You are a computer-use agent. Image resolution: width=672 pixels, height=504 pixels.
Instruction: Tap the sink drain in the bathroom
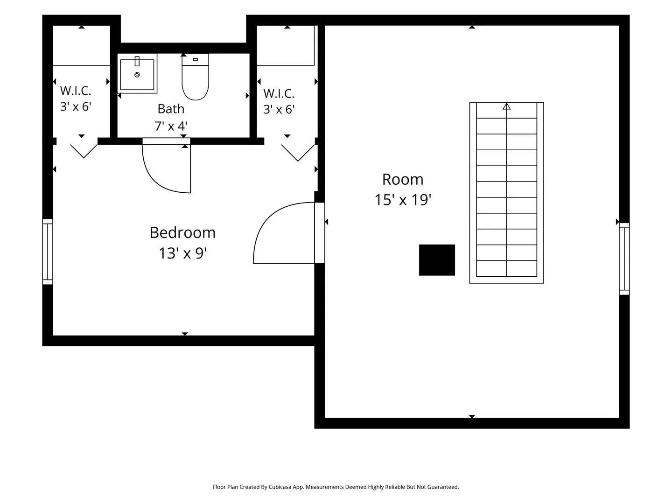click(137, 75)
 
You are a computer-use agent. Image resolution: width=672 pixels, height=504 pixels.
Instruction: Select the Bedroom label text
click(182, 232)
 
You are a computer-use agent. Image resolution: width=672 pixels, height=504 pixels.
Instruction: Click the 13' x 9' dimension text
click(183, 253)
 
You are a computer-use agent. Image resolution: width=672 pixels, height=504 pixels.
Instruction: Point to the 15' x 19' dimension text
click(403, 200)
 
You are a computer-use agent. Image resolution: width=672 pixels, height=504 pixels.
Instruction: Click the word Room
click(403, 179)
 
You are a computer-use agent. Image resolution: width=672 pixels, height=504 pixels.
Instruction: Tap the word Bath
click(171, 109)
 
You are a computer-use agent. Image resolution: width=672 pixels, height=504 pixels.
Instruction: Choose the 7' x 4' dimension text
click(171, 126)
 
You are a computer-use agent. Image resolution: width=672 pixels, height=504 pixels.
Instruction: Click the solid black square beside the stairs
click(437, 260)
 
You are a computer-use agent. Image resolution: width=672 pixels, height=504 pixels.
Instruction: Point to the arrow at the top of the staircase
click(506, 106)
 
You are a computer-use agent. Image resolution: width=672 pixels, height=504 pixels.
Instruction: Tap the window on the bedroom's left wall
click(48, 252)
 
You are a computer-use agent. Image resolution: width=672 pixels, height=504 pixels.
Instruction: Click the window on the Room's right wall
click(624, 259)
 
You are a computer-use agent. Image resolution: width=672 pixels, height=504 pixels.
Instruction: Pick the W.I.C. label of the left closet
click(75, 91)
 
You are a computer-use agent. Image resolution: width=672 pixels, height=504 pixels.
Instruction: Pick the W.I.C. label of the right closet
click(279, 94)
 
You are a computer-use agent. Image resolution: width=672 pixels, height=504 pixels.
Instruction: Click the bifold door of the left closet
click(84, 151)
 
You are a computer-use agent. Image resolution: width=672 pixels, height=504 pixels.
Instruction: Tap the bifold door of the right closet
click(298, 153)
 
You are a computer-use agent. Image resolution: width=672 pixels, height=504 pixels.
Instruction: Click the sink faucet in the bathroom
click(137, 61)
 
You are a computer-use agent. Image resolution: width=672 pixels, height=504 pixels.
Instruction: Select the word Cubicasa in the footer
click(280, 487)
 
